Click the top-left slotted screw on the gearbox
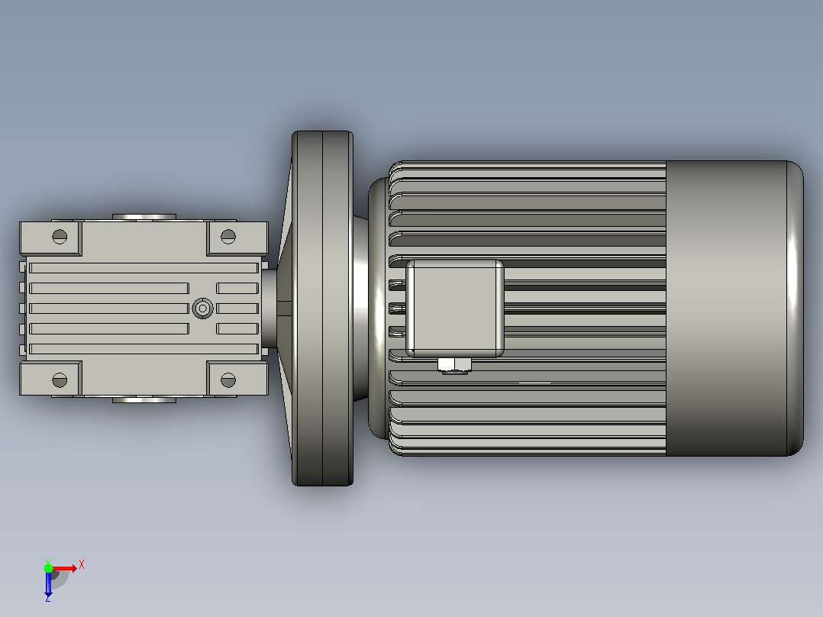(60, 236)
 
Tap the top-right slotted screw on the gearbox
(228, 236)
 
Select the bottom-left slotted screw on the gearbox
(60, 380)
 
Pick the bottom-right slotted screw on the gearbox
(228, 380)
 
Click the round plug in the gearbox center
(202, 308)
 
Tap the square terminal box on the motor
(455, 308)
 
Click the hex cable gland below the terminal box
(454, 366)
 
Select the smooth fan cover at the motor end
(734, 308)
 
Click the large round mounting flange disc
(322, 308)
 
